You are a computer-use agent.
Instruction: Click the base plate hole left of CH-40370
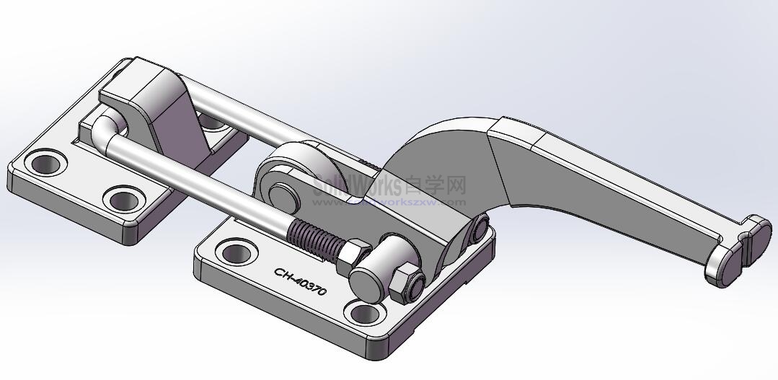pyautogui.click(x=234, y=253)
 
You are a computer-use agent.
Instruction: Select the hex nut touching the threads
pyautogui.click(x=353, y=255)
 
